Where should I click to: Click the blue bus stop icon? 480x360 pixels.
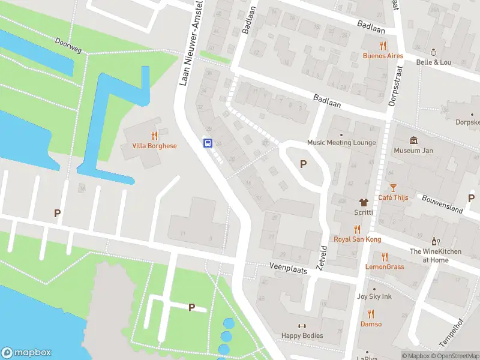(208, 143)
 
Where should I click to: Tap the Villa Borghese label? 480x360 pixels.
(154, 146)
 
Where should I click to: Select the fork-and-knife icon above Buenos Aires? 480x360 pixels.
(383, 46)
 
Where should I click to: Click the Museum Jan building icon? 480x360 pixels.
(413, 140)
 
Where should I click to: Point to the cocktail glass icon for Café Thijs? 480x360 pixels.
(393, 188)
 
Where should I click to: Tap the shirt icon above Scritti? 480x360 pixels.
(363, 202)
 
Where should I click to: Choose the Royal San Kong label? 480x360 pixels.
(357, 239)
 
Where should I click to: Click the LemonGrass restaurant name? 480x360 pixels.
(385, 266)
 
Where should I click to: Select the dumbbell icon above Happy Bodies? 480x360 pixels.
(302, 326)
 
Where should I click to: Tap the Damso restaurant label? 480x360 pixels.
(371, 324)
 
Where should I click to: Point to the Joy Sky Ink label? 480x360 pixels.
(374, 296)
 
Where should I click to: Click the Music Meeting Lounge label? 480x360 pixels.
(341, 143)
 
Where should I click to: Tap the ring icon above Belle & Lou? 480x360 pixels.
(433, 52)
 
